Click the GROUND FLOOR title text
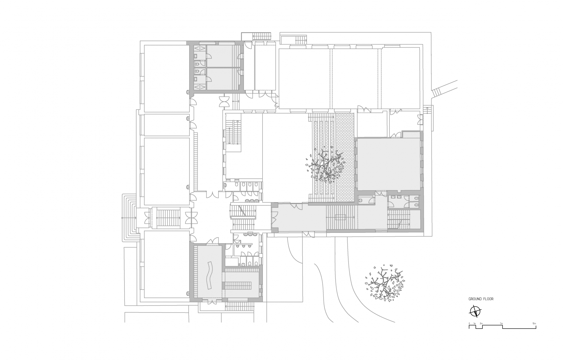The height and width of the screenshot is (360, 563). point(481,299)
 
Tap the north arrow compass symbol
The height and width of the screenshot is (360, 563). point(475,311)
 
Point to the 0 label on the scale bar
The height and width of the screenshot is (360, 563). point(469,324)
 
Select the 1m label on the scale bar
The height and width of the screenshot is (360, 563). point(475,324)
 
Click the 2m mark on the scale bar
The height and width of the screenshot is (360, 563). point(481,324)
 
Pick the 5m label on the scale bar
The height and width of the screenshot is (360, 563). point(501,324)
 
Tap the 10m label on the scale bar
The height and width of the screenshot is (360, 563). point(534,324)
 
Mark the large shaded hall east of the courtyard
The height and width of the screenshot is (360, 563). point(389,164)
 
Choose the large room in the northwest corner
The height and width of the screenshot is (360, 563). point(166,78)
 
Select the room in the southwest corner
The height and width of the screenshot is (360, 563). point(167,264)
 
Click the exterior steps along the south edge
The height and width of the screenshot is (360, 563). point(240,306)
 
